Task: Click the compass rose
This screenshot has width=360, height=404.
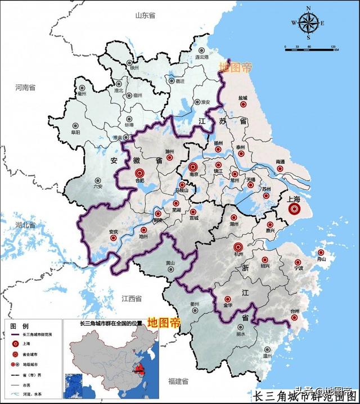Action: click(308, 24)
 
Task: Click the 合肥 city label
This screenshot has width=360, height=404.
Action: click(141, 181)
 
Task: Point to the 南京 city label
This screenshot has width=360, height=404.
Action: click(193, 175)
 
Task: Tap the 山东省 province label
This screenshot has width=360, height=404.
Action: click(145, 16)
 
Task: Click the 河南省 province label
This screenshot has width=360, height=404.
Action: click(25, 88)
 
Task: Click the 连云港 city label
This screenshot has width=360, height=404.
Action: click(201, 58)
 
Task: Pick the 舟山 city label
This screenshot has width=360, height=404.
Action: click(321, 260)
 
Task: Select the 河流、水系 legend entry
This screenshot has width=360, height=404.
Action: click(34, 394)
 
